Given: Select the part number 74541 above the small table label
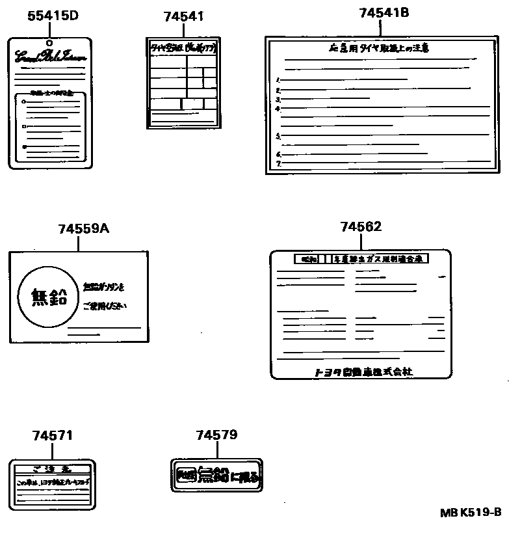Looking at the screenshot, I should (x=184, y=17).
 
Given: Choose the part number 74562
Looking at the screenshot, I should (x=361, y=226).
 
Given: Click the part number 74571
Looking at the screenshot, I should (x=53, y=435).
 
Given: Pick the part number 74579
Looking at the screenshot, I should (x=216, y=435).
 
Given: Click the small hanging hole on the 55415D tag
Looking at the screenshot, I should (x=50, y=44).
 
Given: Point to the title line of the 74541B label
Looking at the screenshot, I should (x=379, y=47).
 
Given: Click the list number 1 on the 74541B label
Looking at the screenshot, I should (x=278, y=79).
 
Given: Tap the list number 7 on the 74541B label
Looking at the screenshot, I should (x=278, y=164).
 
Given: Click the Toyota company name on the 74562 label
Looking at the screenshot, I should (x=363, y=371).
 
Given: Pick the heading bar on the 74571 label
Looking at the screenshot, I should (x=53, y=468).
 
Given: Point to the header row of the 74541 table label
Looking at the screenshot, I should (x=182, y=47).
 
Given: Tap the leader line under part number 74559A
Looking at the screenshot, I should (x=79, y=243).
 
